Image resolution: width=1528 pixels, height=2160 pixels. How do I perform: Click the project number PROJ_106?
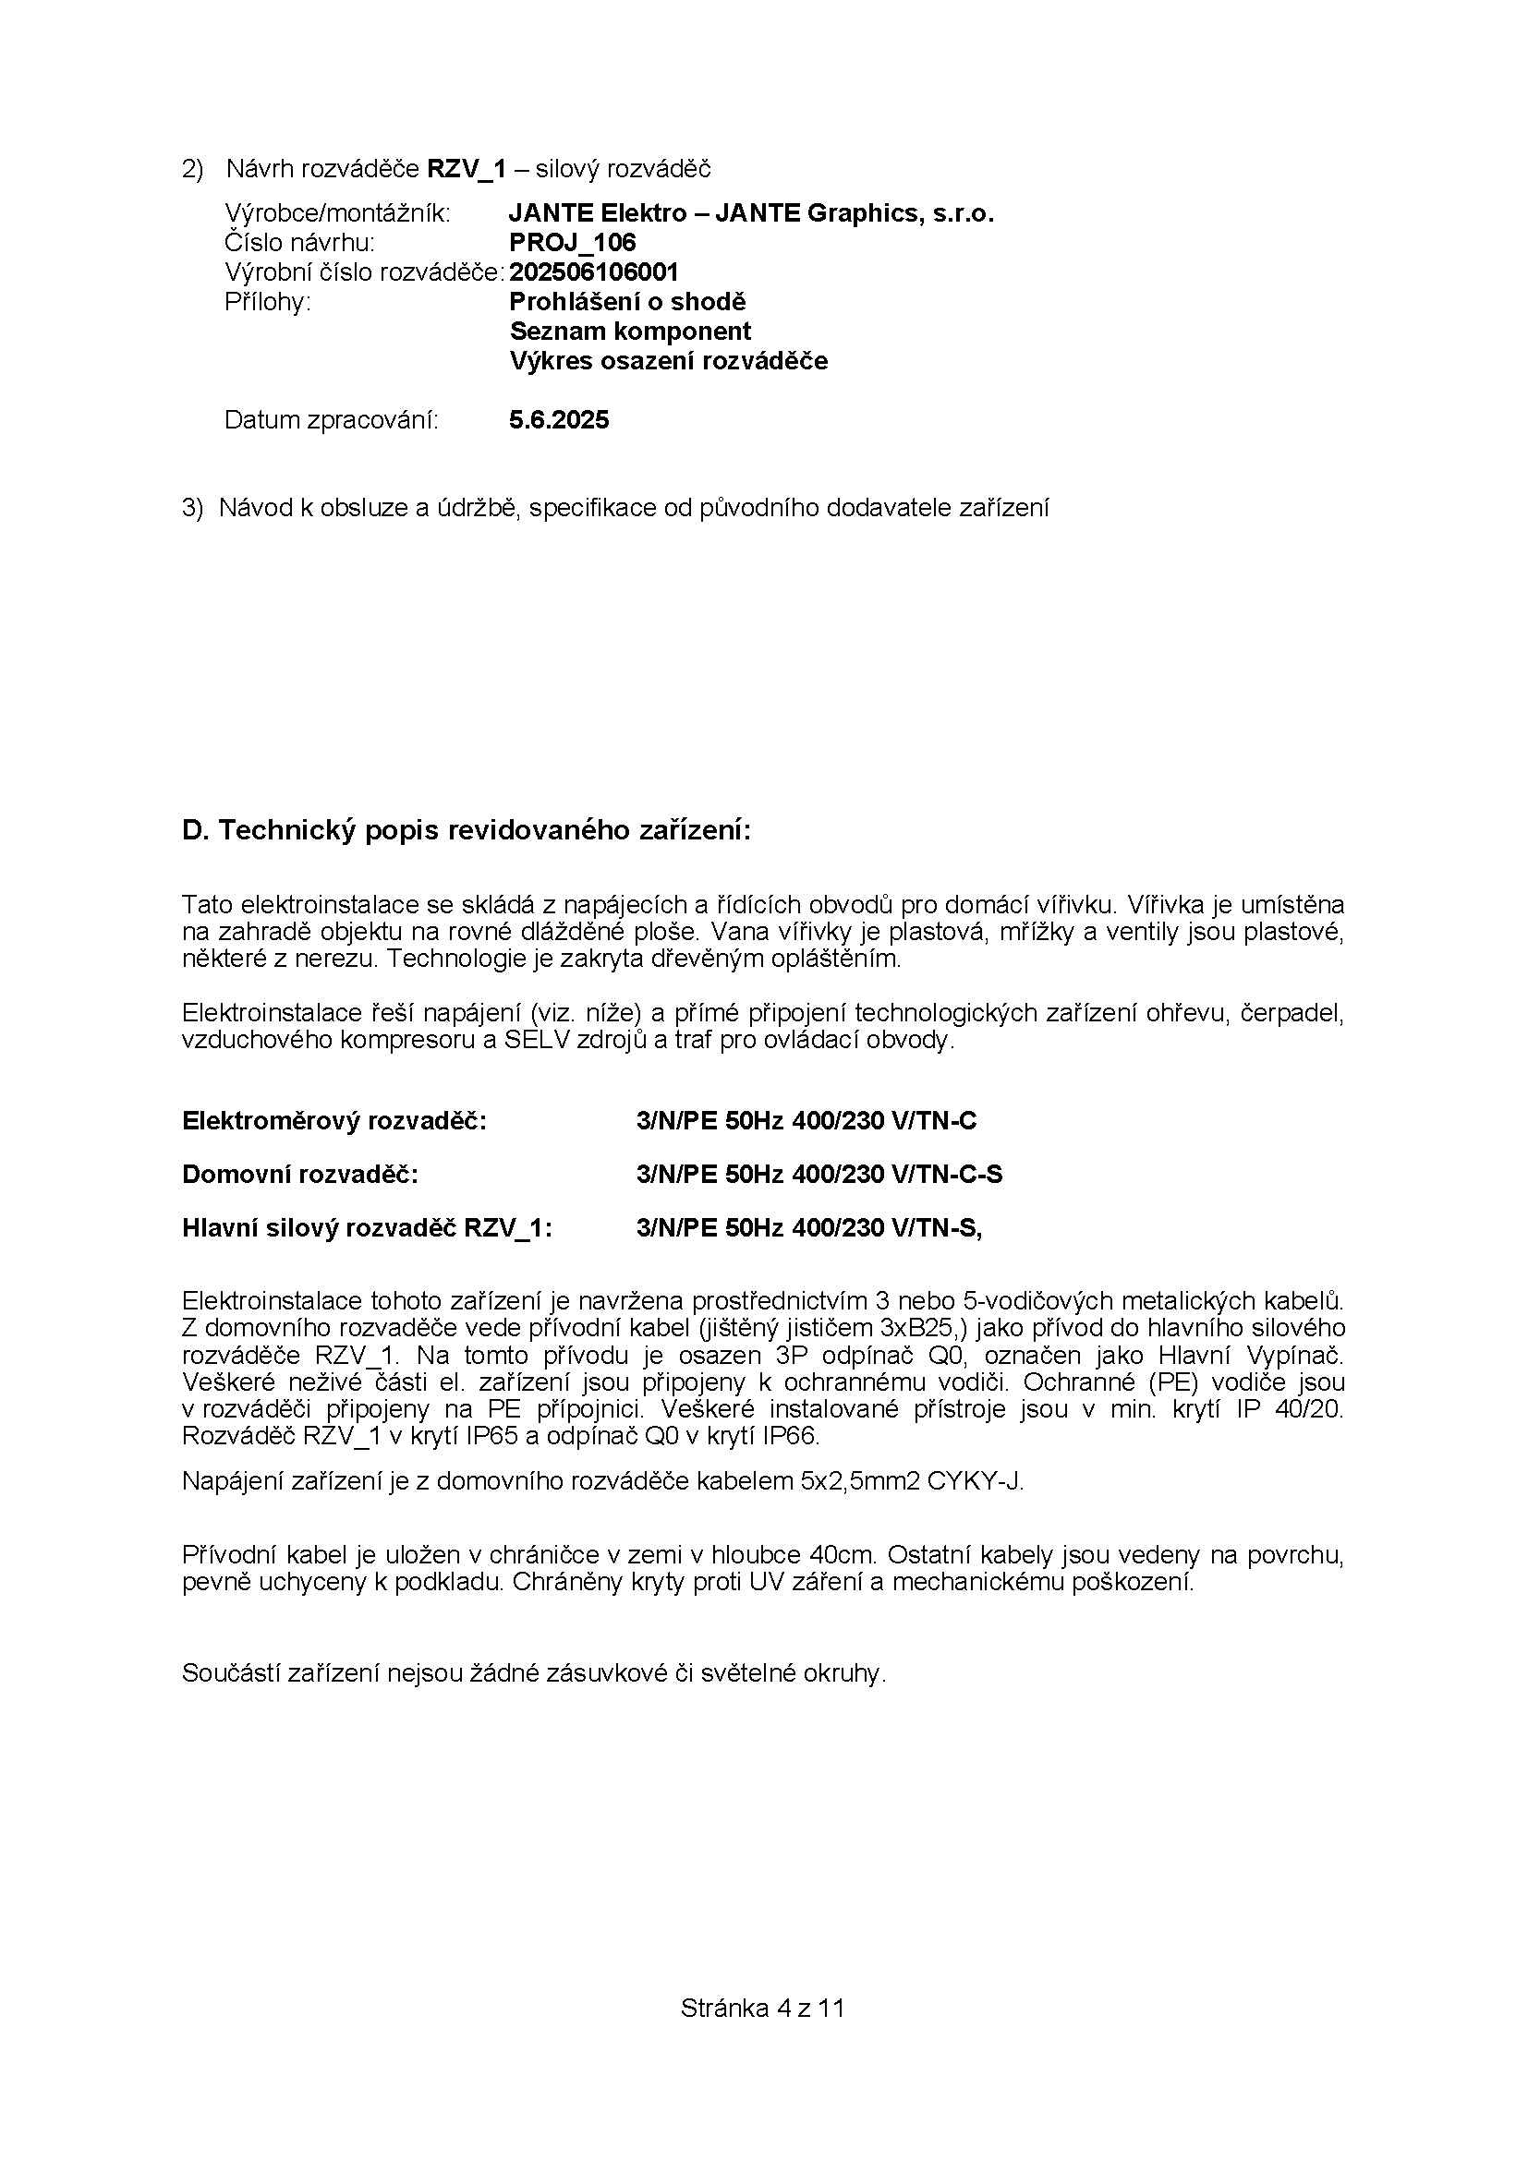click(572, 243)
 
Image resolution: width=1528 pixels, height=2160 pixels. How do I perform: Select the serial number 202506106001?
click(594, 272)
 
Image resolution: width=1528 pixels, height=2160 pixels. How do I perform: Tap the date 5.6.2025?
click(559, 419)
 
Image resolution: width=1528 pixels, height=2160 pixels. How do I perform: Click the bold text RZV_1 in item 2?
click(467, 168)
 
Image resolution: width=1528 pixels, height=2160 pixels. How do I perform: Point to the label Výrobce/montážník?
click(338, 213)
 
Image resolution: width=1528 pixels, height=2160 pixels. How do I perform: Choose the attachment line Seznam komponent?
click(630, 332)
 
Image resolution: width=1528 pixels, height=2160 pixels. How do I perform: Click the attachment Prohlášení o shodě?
click(627, 302)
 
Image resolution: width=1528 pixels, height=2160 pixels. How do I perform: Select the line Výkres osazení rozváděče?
click(669, 361)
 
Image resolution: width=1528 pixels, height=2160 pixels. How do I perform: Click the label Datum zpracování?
click(332, 419)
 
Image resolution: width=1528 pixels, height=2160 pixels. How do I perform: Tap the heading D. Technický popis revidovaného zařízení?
click(467, 831)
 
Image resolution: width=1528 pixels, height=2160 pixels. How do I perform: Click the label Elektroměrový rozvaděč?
click(334, 1121)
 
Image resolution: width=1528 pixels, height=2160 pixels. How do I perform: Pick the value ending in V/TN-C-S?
click(819, 1175)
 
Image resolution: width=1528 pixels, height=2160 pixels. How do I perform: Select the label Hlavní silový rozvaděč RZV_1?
click(367, 1228)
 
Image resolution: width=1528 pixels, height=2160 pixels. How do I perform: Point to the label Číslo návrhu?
click(299, 243)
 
